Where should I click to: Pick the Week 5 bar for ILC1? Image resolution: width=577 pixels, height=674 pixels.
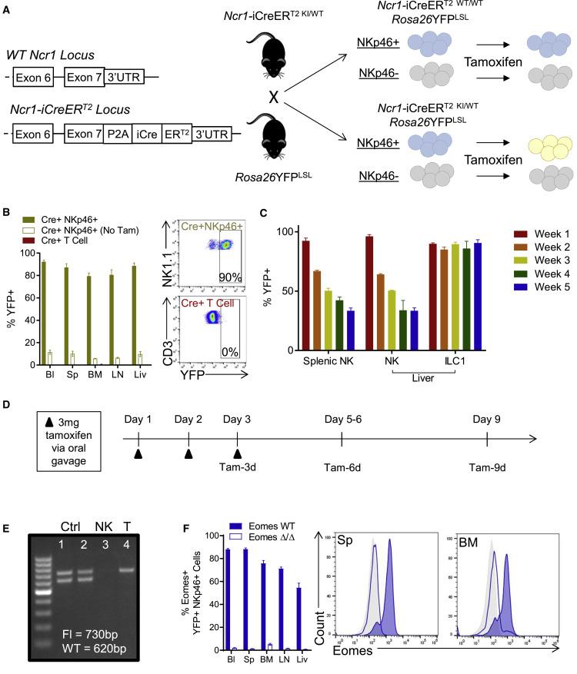click(x=478, y=296)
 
